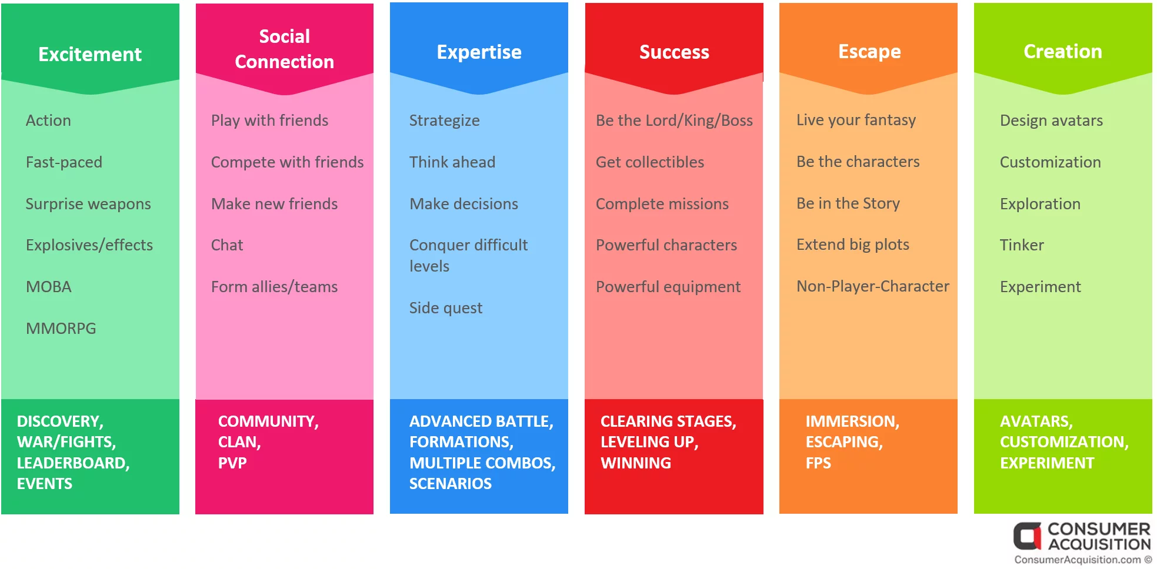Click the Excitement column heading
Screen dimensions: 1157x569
[90, 54]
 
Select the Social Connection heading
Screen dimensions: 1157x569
[285, 49]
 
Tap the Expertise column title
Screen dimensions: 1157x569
[479, 52]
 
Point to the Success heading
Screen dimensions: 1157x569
[674, 52]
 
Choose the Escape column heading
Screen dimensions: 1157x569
[869, 52]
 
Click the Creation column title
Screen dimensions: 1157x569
[1063, 51]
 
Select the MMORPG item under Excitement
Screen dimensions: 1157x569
[61, 328]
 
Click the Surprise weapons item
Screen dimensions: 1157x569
[88, 204]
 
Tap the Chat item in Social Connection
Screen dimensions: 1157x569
[227, 245]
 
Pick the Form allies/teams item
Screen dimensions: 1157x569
[275, 287]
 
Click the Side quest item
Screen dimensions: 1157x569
[446, 308]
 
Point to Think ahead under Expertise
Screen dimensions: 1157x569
[452, 162]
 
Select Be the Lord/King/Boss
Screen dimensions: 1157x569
[674, 121]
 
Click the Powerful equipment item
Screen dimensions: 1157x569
[668, 287]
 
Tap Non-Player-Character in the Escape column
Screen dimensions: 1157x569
[873, 286]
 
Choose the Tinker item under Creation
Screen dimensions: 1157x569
[1022, 245]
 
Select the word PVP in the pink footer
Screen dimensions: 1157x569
[232, 463]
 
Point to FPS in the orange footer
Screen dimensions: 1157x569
[818, 463]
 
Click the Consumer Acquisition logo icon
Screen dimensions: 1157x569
[1027, 535]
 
